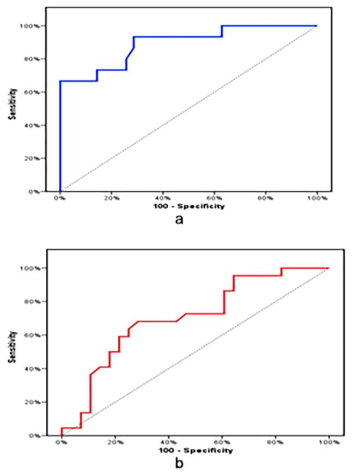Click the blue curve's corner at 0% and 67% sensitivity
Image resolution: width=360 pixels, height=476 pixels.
coord(60,81)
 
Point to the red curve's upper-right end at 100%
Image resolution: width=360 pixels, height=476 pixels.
coord(328,268)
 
